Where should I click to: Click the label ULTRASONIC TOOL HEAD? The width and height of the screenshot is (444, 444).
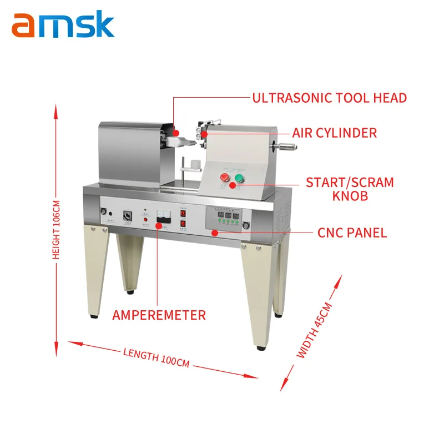pyautogui.click(x=330, y=98)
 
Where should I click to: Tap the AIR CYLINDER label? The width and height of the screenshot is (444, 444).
pyautogui.click(x=335, y=133)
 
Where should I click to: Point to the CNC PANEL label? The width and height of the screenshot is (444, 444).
pyautogui.click(x=351, y=233)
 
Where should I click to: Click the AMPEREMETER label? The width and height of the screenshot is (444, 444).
pyautogui.click(x=159, y=315)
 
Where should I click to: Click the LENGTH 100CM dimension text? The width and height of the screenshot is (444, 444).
pyautogui.click(x=156, y=357)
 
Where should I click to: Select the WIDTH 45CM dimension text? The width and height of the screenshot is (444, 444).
pyautogui.click(x=314, y=330)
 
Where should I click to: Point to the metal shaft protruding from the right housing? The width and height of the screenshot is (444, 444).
pyautogui.click(x=286, y=148)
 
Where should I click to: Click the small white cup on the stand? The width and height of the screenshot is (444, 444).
pyautogui.click(x=195, y=165)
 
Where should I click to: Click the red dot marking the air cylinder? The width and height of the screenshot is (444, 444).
pyautogui.click(x=204, y=134)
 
